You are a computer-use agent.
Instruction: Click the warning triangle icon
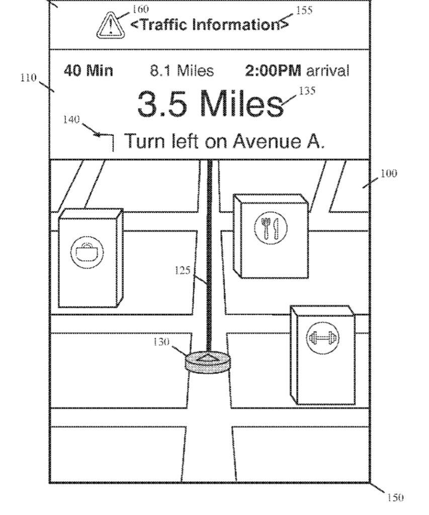[111, 25]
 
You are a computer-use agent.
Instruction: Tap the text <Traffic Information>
[210, 25]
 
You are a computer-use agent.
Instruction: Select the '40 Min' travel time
[89, 70]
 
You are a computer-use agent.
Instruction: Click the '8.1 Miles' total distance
[182, 70]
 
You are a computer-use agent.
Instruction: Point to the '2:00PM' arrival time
[273, 70]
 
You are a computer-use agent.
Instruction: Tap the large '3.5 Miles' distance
[211, 104]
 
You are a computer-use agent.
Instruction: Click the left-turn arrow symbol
[106, 142]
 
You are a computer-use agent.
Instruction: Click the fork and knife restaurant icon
[271, 228]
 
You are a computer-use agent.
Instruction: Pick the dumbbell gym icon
[322, 338]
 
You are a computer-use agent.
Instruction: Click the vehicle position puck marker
[208, 362]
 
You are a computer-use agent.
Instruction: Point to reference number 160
[140, 9]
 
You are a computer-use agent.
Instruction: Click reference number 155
[304, 10]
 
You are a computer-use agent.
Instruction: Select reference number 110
[29, 78]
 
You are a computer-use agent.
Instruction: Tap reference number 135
[307, 91]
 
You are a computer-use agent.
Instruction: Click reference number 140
[71, 120]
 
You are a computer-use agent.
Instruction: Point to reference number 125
[183, 270]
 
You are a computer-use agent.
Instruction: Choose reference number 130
[161, 342]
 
